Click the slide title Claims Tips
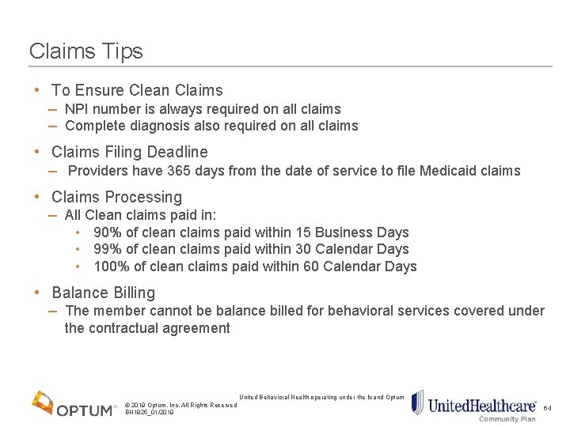click(86, 51)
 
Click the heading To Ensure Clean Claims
click(137, 90)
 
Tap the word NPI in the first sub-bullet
click(77, 109)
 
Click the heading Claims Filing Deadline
click(130, 152)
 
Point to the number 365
click(178, 171)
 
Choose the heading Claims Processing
click(116, 197)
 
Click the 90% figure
click(107, 232)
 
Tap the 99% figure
click(107, 249)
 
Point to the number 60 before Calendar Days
click(311, 266)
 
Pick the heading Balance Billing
click(103, 293)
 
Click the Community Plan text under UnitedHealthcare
click(507, 419)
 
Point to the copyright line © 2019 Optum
click(180, 405)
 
